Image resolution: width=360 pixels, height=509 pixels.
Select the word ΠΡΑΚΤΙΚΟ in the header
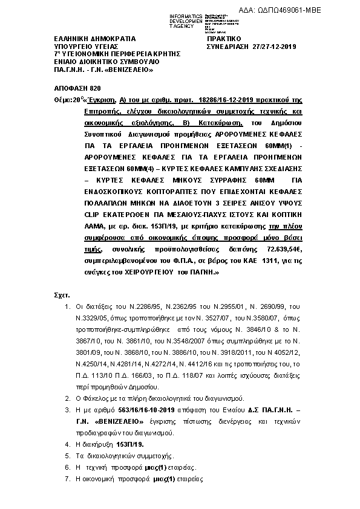click(x=224, y=37)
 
